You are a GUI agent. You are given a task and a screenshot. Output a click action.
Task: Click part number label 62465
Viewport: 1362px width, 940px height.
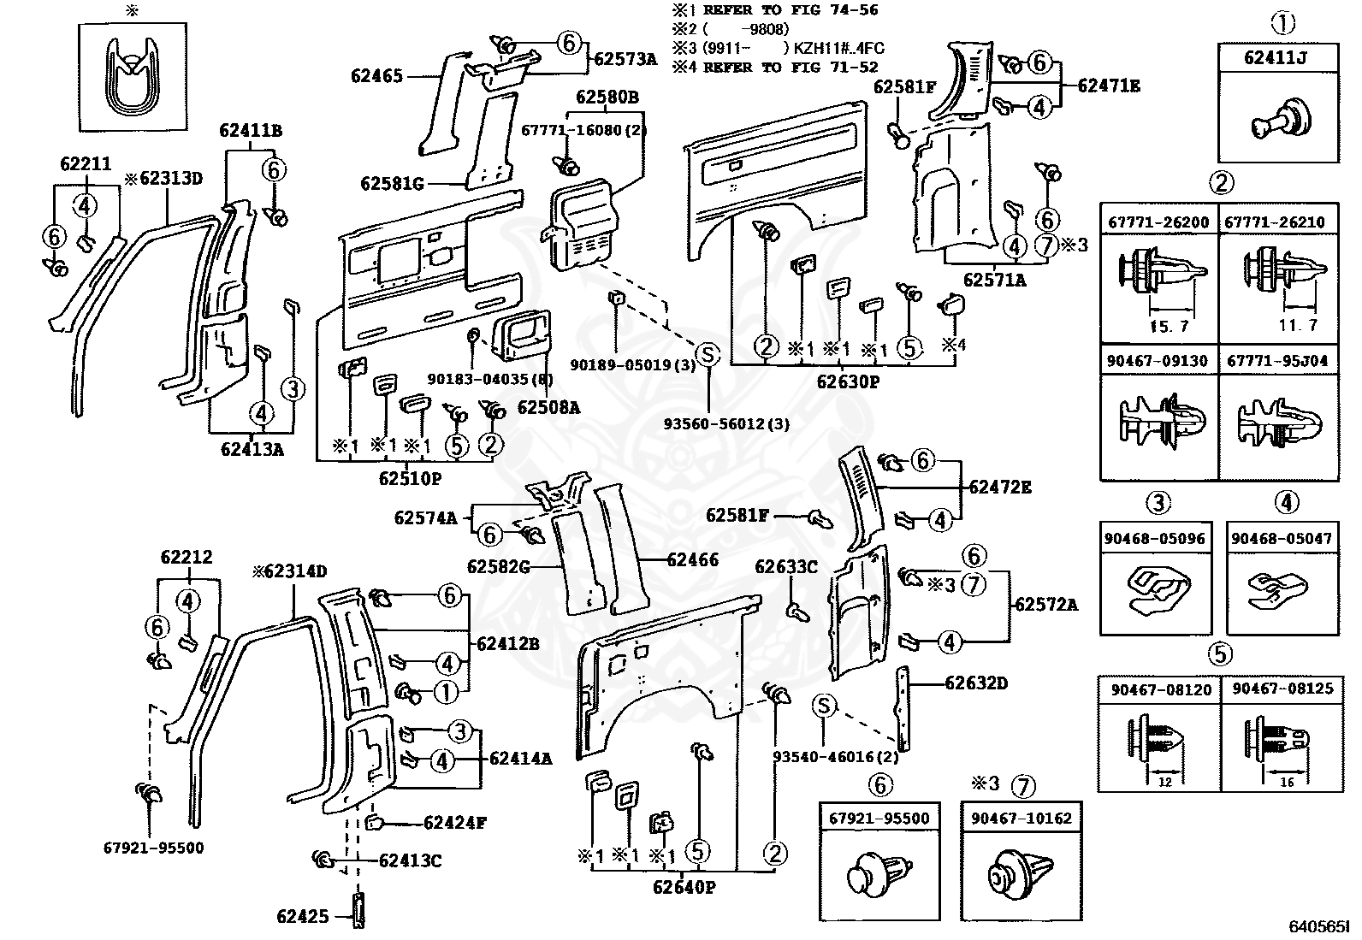[376, 76]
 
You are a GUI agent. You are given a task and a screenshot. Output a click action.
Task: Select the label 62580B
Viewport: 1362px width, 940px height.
[607, 98]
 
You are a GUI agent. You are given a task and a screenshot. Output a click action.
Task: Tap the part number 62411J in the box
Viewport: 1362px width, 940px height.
[1277, 58]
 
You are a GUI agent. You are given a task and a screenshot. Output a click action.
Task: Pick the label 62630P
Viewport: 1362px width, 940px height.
[847, 382]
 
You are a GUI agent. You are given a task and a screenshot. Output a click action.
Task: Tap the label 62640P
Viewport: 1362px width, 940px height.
[684, 888]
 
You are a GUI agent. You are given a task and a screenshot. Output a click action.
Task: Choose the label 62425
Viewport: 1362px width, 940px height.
[302, 917]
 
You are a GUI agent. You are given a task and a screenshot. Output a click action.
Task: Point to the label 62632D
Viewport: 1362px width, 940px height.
[976, 683]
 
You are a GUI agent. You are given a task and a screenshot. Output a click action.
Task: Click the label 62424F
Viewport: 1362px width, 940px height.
[455, 824]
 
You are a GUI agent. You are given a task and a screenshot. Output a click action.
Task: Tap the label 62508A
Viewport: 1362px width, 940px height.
[548, 408]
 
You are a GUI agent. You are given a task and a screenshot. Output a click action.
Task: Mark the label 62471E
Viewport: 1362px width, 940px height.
[1109, 86]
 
